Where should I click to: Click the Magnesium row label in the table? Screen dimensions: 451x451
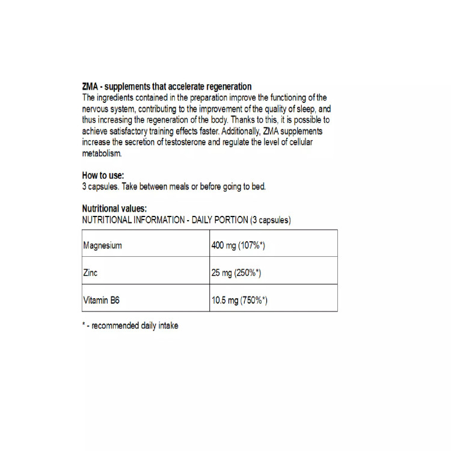[103, 245]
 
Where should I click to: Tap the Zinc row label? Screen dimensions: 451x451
[90, 273]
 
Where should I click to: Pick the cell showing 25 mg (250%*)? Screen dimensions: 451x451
[236, 273]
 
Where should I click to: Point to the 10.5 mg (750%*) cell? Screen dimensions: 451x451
[239, 300]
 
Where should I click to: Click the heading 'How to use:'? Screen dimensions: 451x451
[103, 176]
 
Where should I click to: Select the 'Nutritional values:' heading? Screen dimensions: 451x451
[114, 209]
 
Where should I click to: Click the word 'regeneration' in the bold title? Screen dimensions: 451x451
[227, 87]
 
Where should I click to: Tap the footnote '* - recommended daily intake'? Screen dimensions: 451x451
[130, 325]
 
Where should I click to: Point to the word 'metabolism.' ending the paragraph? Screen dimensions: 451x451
[102, 153]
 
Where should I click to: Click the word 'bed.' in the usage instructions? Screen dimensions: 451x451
[257, 186]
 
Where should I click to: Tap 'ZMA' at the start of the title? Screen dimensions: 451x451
[90, 87]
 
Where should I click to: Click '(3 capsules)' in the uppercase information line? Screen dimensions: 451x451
[270, 220]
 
